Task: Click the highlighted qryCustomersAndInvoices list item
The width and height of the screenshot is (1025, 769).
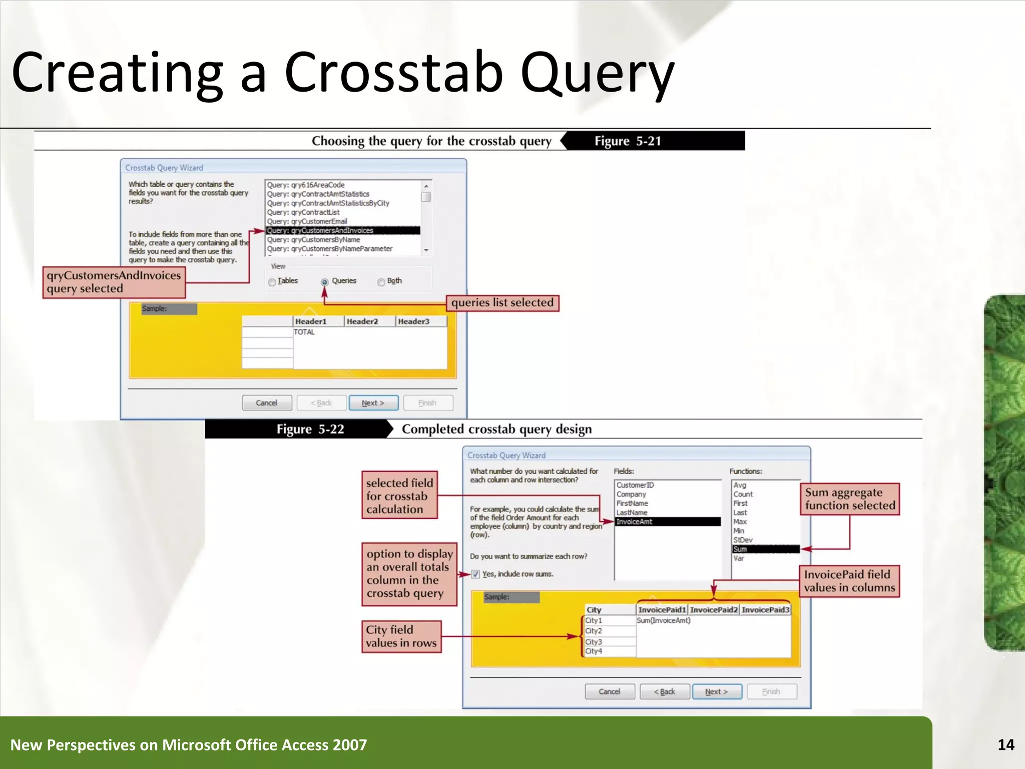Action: click(x=342, y=230)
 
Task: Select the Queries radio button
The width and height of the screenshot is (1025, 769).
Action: click(x=324, y=282)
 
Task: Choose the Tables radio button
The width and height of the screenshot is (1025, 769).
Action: click(x=272, y=282)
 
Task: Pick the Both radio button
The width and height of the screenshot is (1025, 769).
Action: click(x=381, y=282)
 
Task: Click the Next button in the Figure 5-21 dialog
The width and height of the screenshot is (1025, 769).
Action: click(x=373, y=403)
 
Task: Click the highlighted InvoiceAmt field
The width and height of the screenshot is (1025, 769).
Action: click(x=668, y=522)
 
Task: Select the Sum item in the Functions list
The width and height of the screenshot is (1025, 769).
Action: click(x=765, y=549)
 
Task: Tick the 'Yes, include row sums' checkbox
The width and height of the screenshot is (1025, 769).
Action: click(x=475, y=574)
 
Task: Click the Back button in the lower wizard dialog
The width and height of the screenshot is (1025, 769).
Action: click(x=665, y=691)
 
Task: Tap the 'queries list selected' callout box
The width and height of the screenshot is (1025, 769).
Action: click(x=502, y=303)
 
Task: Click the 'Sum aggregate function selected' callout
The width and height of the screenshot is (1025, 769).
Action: click(x=849, y=499)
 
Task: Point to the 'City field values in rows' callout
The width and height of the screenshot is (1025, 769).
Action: click(x=401, y=636)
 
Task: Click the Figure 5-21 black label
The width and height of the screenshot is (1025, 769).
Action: click(x=628, y=141)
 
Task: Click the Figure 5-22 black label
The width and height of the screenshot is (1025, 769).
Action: click(x=310, y=430)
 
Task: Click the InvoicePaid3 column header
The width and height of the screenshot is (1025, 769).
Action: click(x=765, y=610)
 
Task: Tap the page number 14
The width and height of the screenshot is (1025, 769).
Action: click(x=1005, y=745)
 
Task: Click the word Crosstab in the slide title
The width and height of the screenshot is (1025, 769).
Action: click(x=393, y=73)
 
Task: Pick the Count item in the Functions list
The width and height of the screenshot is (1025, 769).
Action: click(x=743, y=494)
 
